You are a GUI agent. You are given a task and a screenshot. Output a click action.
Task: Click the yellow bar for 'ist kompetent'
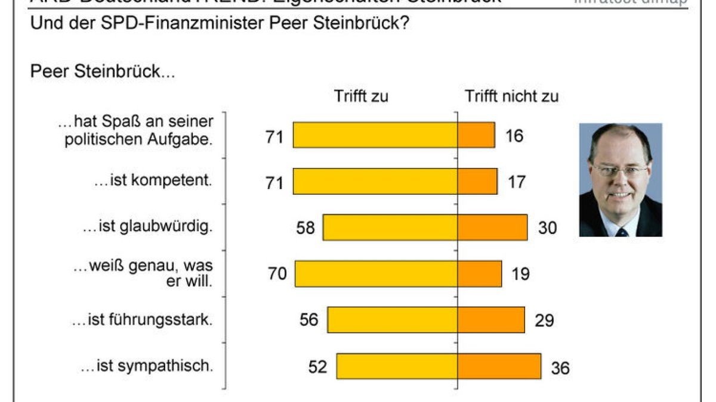[x=375, y=181]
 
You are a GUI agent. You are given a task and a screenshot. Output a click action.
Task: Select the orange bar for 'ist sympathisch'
[x=499, y=366]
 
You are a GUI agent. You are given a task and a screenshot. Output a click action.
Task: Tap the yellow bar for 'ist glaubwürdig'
[x=390, y=228]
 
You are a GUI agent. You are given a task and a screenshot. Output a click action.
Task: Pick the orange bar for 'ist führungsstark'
[x=491, y=320]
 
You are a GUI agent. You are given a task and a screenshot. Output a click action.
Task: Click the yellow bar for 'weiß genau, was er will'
[x=376, y=273]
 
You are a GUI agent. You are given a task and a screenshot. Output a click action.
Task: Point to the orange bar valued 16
[x=476, y=135]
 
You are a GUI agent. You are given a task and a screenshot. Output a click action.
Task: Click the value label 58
[x=305, y=228]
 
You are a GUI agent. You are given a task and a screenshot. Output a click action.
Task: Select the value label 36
[x=560, y=367]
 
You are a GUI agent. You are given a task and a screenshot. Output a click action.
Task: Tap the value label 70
[x=277, y=274]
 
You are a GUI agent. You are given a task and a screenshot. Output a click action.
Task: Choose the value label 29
[x=545, y=320]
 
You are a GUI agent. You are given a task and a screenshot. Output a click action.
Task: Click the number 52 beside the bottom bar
[x=318, y=367]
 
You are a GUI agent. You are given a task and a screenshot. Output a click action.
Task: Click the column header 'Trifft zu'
[x=361, y=96]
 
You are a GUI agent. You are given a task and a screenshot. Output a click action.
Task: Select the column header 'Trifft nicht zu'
[x=512, y=96]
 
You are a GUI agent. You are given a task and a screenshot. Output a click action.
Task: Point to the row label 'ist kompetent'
[x=153, y=181]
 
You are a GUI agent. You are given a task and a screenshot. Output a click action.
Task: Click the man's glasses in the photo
[x=621, y=171]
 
